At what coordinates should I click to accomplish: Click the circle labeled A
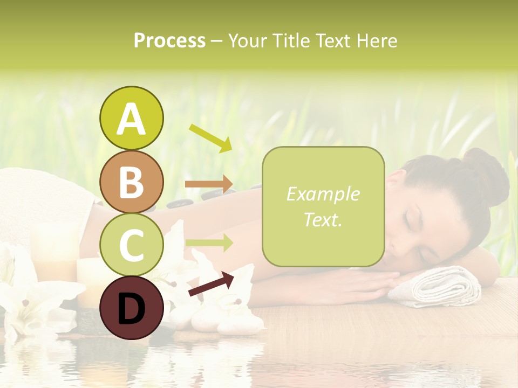tap(131, 118)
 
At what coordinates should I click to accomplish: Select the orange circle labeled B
tap(131, 182)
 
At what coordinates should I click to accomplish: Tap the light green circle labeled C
tap(131, 245)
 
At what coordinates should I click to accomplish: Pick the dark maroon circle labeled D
tap(131, 308)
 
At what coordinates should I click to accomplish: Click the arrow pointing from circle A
tap(210, 138)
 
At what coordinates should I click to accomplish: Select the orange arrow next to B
tap(209, 184)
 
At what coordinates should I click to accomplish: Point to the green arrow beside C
tap(209, 243)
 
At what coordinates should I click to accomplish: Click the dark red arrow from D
tap(211, 284)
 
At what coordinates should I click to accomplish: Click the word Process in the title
tap(169, 41)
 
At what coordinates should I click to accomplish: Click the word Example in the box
tap(323, 194)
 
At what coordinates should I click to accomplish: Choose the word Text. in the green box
tap(323, 219)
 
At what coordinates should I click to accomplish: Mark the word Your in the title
tap(246, 41)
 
